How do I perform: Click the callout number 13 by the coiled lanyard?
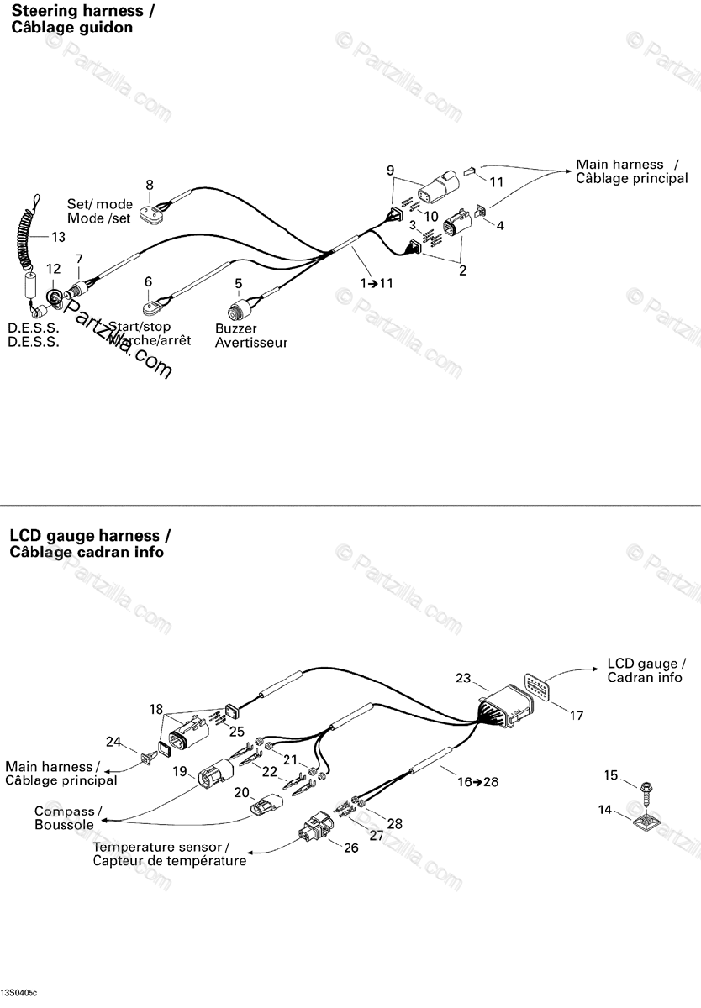coord(57,235)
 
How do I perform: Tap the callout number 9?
coord(390,171)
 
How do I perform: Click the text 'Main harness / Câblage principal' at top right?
coord(631,171)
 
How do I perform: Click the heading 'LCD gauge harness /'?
coord(90,535)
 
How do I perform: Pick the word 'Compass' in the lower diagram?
coord(66,811)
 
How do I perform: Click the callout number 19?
coord(179,772)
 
